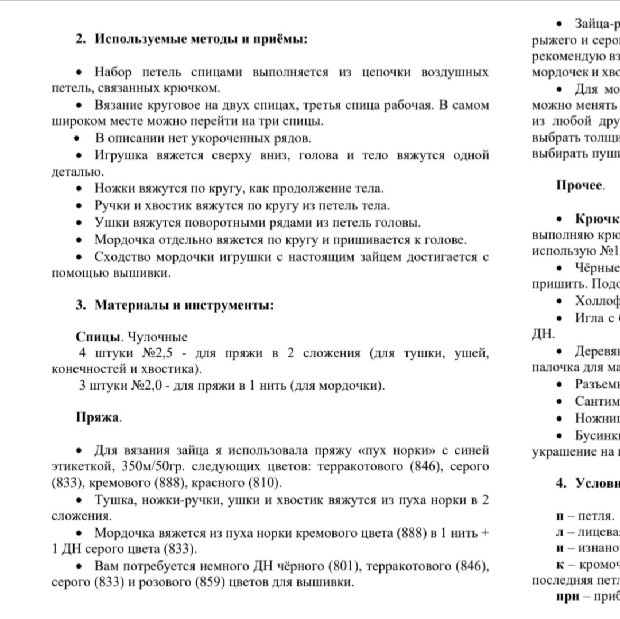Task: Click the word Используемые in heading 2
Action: click(x=134, y=40)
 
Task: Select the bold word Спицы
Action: click(x=93, y=336)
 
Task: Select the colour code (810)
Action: click(x=261, y=482)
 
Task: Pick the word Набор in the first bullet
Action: click(x=113, y=72)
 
